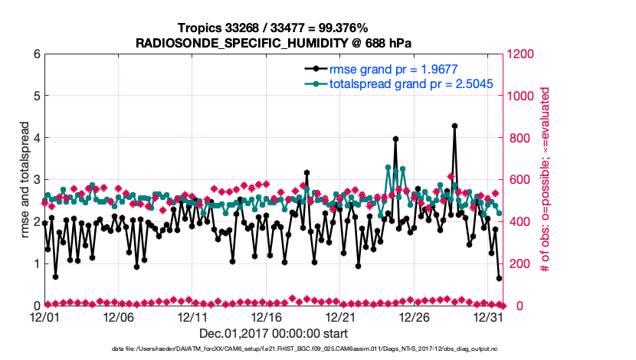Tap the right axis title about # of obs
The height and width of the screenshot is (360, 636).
(546, 180)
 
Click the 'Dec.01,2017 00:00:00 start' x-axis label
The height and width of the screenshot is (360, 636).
(273, 333)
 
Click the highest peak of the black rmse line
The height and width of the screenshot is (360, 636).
(454, 126)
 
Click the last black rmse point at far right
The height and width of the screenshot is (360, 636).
(499, 279)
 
